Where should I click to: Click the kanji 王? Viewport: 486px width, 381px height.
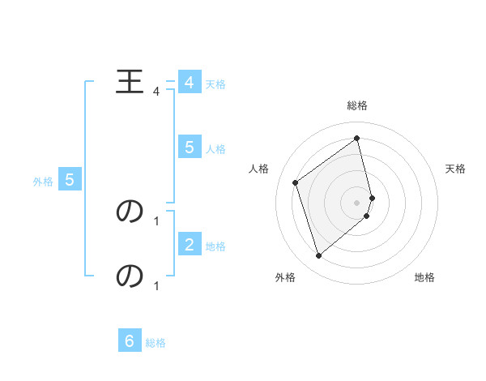click(130, 82)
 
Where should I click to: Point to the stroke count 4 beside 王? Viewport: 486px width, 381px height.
click(156, 92)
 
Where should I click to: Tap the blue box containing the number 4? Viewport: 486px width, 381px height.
click(189, 83)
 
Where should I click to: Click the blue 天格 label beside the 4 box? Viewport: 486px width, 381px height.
click(215, 83)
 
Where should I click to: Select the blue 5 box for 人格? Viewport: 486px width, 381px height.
click(189, 147)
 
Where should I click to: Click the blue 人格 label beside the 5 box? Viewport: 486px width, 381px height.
click(215, 149)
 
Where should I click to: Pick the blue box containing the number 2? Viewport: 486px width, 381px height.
click(189, 243)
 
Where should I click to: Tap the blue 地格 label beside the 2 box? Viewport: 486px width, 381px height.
click(215, 246)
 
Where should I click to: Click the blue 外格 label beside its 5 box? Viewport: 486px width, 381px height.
click(43, 182)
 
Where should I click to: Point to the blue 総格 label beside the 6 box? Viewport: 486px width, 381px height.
click(156, 344)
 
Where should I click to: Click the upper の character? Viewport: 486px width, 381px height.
click(130, 211)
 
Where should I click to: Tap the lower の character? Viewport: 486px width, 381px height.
click(130, 276)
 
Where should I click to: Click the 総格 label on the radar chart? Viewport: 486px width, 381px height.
click(357, 105)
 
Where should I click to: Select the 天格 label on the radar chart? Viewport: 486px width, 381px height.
click(455, 169)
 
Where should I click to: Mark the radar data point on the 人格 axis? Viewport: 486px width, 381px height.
click(296, 182)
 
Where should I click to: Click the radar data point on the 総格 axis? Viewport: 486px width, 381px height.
click(357, 138)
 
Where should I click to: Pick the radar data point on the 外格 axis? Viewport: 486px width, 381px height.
click(318, 256)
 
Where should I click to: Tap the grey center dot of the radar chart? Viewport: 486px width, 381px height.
click(357, 202)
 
